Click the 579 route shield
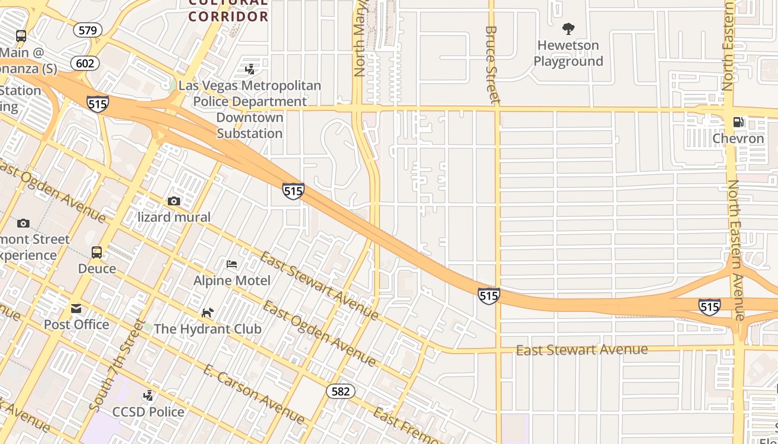pyautogui.click(x=88, y=30)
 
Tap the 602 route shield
pyautogui.click(x=85, y=63)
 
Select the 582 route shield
pyautogui.click(x=340, y=391)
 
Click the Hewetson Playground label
pyautogui.click(x=568, y=53)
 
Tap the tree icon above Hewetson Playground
pyautogui.click(x=568, y=28)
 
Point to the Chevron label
pyautogui.click(x=738, y=138)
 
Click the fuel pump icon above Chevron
pyautogui.click(x=739, y=122)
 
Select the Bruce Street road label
pyautogui.click(x=491, y=64)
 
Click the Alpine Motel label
pyautogui.click(x=232, y=280)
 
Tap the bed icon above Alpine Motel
pyautogui.click(x=232, y=264)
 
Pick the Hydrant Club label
pyautogui.click(x=207, y=329)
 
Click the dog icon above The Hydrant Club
pyautogui.click(x=207, y=312)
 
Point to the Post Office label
pyautogui.click(x=76, y=324)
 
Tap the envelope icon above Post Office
pyautogui.click(x=76, y=308)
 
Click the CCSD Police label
pyautogui.click(x=148, y=412)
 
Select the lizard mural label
pyautogui.click(x=174, y=217)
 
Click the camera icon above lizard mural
pyautogui.click(x=174, y=201)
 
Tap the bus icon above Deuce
pyautogui.click(x=97, y=253)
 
